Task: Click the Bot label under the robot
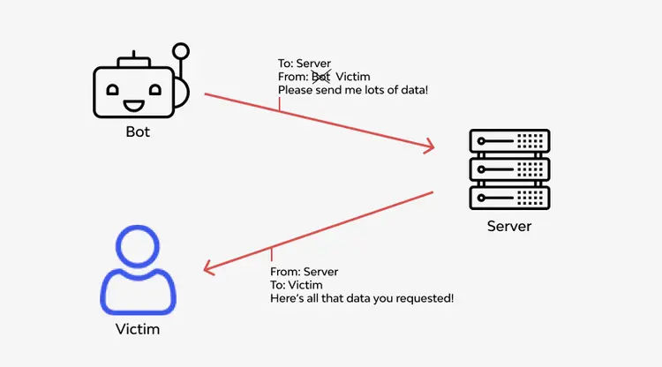point(137,132)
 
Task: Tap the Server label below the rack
point(509,226)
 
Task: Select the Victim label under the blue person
point(138,330)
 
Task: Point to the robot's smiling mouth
point(135,106)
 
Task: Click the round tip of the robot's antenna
point(182,51)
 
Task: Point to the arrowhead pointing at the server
point(430,146)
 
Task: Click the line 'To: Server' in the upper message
point(305,63)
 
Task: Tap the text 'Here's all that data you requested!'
point(362,299)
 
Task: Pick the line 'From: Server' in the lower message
point(304,272)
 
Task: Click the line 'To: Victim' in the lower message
point(296,285)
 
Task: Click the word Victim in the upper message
point(353,77)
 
